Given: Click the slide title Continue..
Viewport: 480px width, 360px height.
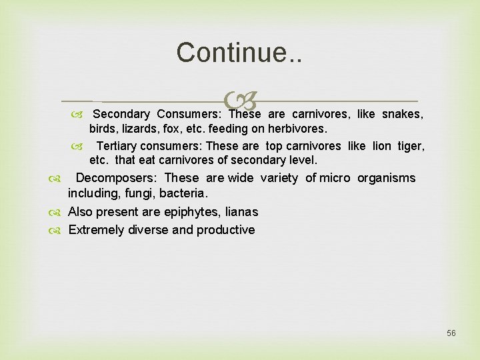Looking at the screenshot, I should (239, 52).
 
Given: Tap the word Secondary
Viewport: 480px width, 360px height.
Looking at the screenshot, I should (121, 114).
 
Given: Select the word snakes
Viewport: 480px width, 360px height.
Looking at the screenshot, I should (403, 114).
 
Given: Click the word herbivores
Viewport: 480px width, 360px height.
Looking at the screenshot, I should (297, 129).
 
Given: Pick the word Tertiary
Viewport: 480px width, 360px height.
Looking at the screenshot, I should (117, 146).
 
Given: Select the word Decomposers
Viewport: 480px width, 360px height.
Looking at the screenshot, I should (116, 178).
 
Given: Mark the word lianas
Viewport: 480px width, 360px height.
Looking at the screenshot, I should (241, 213).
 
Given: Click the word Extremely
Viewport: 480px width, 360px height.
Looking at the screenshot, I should (95, 230).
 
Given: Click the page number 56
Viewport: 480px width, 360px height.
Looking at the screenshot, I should (451, 333).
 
